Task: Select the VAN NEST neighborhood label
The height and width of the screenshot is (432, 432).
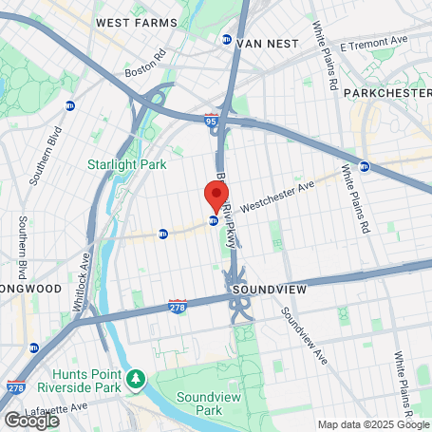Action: [x=268, y=43]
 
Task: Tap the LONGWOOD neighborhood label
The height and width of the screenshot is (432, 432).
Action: [x=31, y=288]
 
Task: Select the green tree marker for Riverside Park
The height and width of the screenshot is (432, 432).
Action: [x=138, y=381]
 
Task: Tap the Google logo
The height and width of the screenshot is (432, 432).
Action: [x=31, y=419]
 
